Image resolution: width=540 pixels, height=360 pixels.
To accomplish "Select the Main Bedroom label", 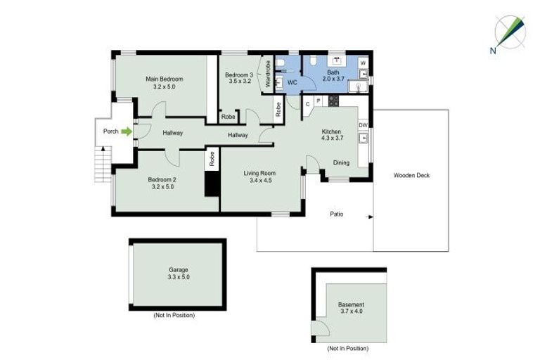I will (165, 82).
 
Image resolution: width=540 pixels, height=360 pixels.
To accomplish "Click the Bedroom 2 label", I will (163, 183).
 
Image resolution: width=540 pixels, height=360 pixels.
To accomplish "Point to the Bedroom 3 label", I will (239, 78).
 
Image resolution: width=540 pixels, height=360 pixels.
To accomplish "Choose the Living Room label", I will (260, 176).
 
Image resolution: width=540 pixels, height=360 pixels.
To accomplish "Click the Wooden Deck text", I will (411, 176).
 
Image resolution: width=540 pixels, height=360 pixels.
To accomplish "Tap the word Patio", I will (337, 214).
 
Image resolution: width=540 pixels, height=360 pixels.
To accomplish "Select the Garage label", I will (178, 274).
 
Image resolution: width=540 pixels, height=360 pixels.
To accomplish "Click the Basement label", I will (352, 308).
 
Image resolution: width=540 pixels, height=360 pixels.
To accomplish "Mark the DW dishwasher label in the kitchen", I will (364, 125).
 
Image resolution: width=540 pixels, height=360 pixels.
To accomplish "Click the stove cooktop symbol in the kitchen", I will (333, 101).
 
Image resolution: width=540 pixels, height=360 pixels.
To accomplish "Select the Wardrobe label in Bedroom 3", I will (268, 75).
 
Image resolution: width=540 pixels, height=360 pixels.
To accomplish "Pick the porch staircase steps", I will (103, 163).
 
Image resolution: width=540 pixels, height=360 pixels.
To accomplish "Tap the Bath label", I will (333, 76).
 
